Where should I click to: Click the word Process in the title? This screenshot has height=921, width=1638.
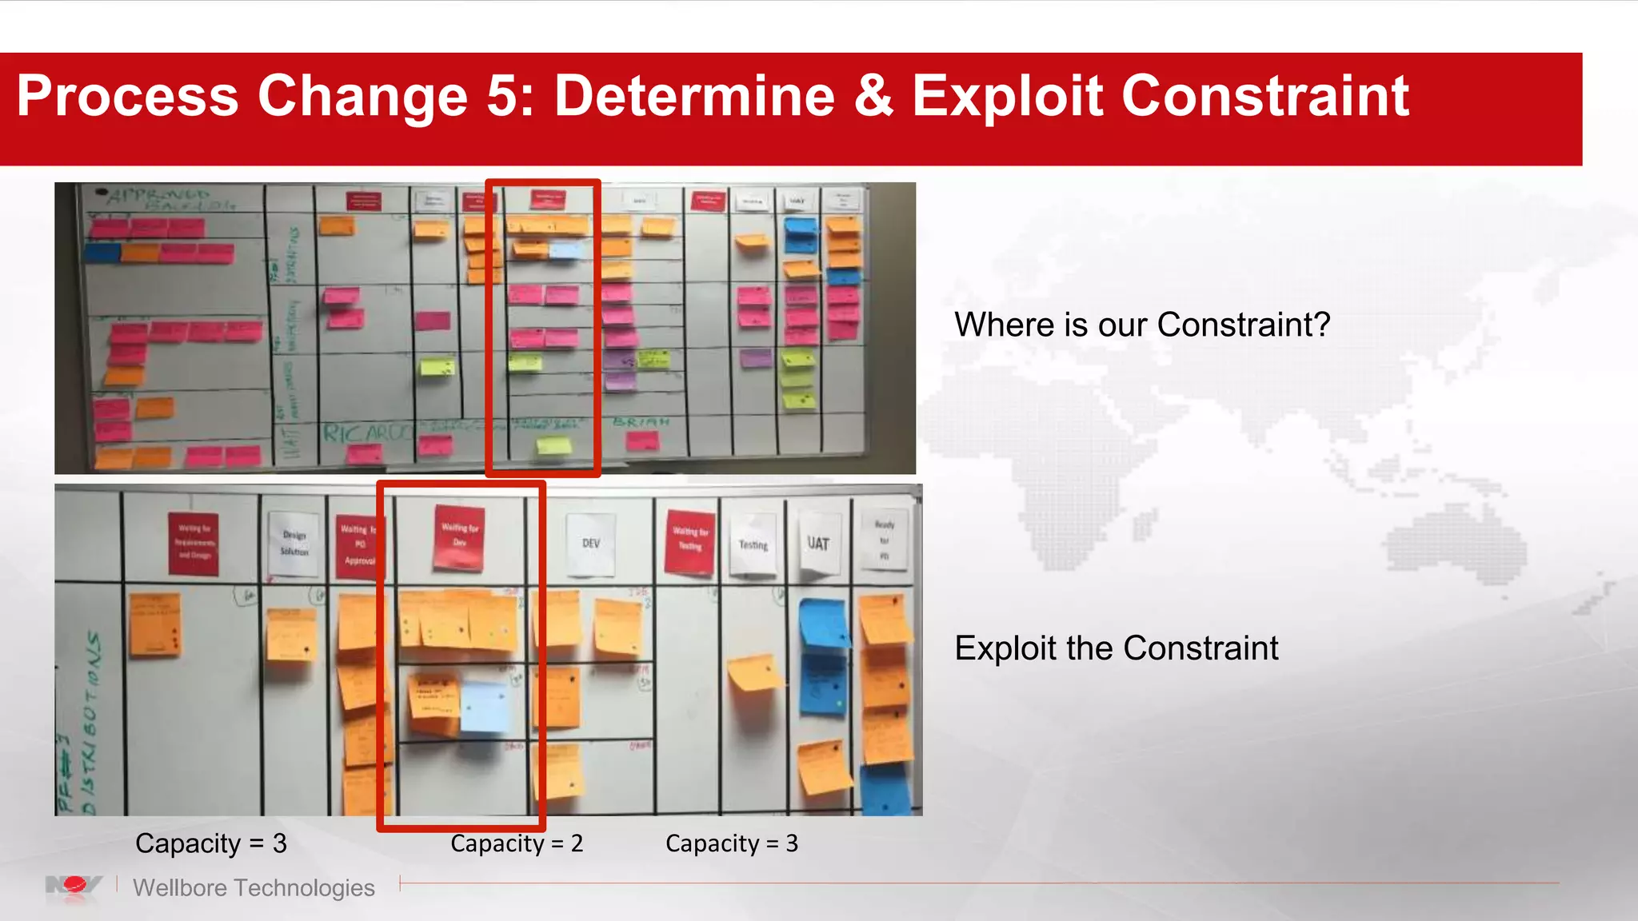127,96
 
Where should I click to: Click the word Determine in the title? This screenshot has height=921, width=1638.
694,96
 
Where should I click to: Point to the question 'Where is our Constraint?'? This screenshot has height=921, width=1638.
1141,325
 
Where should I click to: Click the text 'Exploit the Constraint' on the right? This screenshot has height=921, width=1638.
1116,648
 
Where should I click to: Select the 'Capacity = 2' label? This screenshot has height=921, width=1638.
517,843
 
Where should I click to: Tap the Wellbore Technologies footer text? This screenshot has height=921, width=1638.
254,887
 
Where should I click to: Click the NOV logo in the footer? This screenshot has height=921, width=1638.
74,886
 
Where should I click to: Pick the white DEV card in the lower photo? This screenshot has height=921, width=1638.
591,544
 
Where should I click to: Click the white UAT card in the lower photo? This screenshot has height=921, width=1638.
818,544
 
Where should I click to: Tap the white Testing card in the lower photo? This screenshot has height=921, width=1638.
753,545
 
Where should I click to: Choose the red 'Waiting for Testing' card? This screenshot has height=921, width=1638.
690,540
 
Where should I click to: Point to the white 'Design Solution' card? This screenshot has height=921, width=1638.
294,544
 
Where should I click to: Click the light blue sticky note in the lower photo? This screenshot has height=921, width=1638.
485,705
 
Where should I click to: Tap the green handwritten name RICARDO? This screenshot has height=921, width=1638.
365,433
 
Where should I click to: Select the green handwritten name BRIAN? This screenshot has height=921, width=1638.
641,421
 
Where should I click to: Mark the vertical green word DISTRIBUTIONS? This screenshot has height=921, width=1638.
91,720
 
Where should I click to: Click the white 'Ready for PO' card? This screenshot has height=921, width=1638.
884,540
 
